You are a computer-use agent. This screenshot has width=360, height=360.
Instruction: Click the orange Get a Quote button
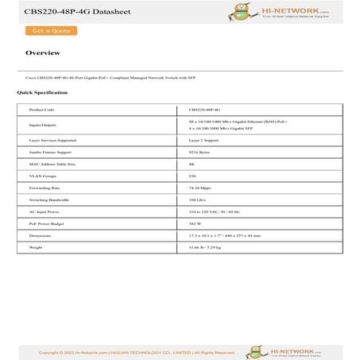(52, 31)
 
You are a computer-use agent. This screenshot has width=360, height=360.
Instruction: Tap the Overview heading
(43, 53)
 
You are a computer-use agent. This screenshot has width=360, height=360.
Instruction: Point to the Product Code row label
(41, 110)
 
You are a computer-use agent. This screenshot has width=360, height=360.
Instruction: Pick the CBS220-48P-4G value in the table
(204, 110)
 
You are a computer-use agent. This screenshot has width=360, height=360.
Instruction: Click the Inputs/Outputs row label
(43, 124)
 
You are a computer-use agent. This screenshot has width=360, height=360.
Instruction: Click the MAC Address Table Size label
(52, 164)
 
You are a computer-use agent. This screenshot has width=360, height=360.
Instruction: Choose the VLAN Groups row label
(43, 176)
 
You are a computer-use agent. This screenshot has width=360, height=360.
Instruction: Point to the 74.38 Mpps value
(199, 188)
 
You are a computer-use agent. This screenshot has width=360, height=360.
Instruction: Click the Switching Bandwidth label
(49, 199)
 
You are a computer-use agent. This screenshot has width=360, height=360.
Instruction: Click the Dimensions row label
(41, 236)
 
